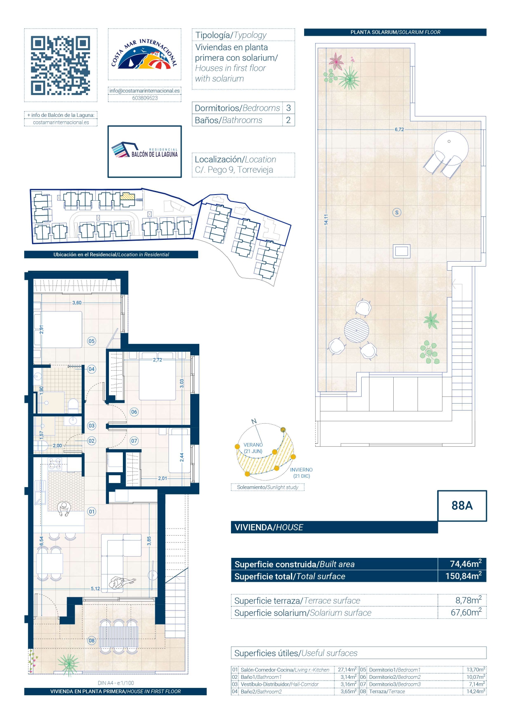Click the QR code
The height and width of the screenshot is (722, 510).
click(x=60, y=65)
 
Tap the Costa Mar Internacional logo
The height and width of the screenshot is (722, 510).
click(x=144, y=55)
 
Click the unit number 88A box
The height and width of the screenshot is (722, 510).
click(x=462, y=506)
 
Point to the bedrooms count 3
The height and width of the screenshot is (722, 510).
click(x=288, y=108)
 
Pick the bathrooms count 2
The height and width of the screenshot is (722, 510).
click(x=288, y=120)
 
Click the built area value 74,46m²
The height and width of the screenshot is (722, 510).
click(x=466, y=564)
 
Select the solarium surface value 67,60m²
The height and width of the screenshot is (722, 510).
click(x=466, y=612)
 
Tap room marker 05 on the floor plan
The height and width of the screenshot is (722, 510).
click(x=92, y=341)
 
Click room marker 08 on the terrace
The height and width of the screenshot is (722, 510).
click(x=92, y=641)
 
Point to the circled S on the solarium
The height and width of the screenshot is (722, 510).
click(x=397, y=213)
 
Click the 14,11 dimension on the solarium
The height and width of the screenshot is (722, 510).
click(x=326, y=219)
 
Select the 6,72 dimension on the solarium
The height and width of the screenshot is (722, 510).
click(x=399, y=130)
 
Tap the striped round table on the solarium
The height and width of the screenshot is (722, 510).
click(x=356, y=330)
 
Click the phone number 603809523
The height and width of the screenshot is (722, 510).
click(x=145, y=98)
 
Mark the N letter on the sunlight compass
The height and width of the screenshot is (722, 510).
click(x=254, y=421)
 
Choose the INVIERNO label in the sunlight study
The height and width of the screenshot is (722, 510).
click(x=301, y=470)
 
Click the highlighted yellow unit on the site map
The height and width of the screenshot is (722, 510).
click(x=127, y=197)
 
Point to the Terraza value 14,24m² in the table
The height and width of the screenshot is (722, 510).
click(x=475, y=692)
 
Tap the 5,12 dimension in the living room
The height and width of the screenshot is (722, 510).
click(x=95, y=589)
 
